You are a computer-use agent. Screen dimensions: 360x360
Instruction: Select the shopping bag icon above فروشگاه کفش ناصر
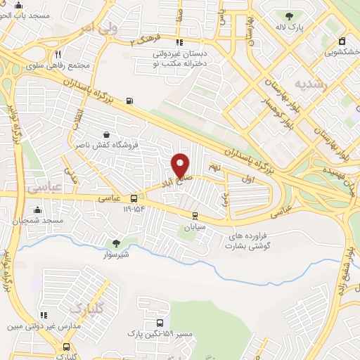[105, 134]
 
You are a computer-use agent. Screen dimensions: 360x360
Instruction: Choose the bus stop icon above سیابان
[195, 216]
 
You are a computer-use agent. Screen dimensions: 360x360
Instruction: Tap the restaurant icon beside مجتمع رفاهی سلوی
[59, 53]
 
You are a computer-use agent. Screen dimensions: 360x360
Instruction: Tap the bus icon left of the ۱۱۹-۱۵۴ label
[134, 199]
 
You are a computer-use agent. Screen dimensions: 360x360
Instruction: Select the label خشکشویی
[339, 51]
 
